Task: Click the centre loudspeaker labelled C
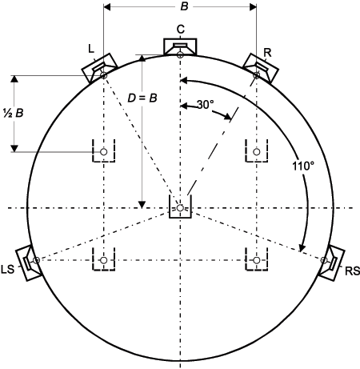(x=180, y=47)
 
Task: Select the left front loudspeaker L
(x=99, y=68)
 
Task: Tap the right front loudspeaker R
(x=261, y=68)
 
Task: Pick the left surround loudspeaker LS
(x=29, y=263)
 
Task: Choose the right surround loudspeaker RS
(x=331, y=263)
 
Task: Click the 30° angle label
(x=205, y=105)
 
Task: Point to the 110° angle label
(x=303, y=166)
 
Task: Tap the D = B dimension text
(x=142, y=98)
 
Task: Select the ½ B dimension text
(x=14, y=113)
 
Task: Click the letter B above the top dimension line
(x=184, y=6)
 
